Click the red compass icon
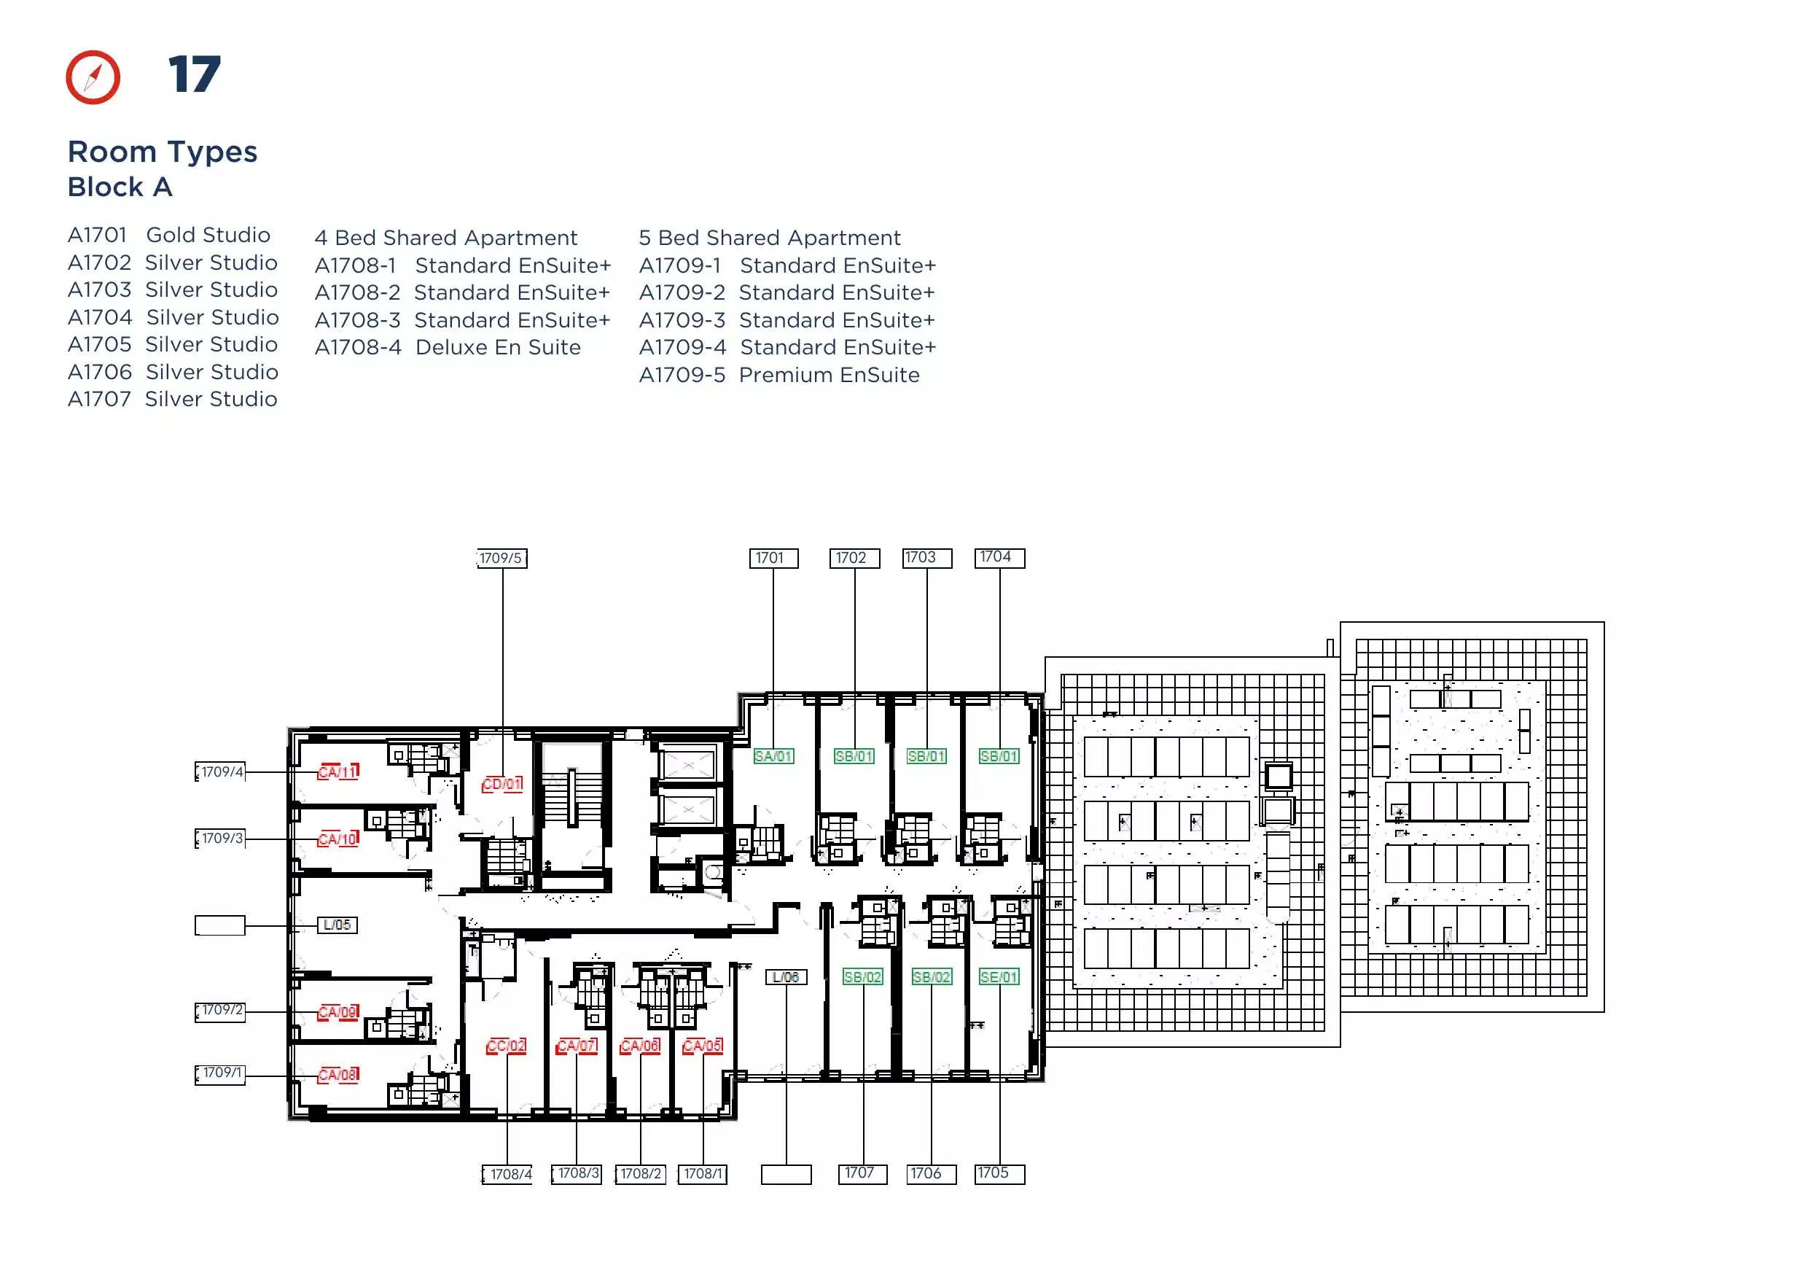coord(93,77)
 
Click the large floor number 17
coord(195,75)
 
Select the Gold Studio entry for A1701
coord(169,235)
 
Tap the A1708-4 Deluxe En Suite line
coord(448,347)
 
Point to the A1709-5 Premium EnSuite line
coord(779,375)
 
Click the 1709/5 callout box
coord(501,559)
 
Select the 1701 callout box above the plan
coord(773,559)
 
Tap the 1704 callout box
coord(1000,558)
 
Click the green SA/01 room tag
coord(773,756)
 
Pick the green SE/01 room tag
coord(999,976)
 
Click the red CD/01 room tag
coord(502,785)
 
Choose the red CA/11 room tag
coord(337,771)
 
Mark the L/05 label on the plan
coord(337,925)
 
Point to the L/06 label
coord(786,976)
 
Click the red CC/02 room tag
coord(507,1046)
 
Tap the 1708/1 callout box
coord(703,1174)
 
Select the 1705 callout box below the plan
coord(1000,1173)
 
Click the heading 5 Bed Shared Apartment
coord(770,238)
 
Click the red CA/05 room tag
coord(703,1046)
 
